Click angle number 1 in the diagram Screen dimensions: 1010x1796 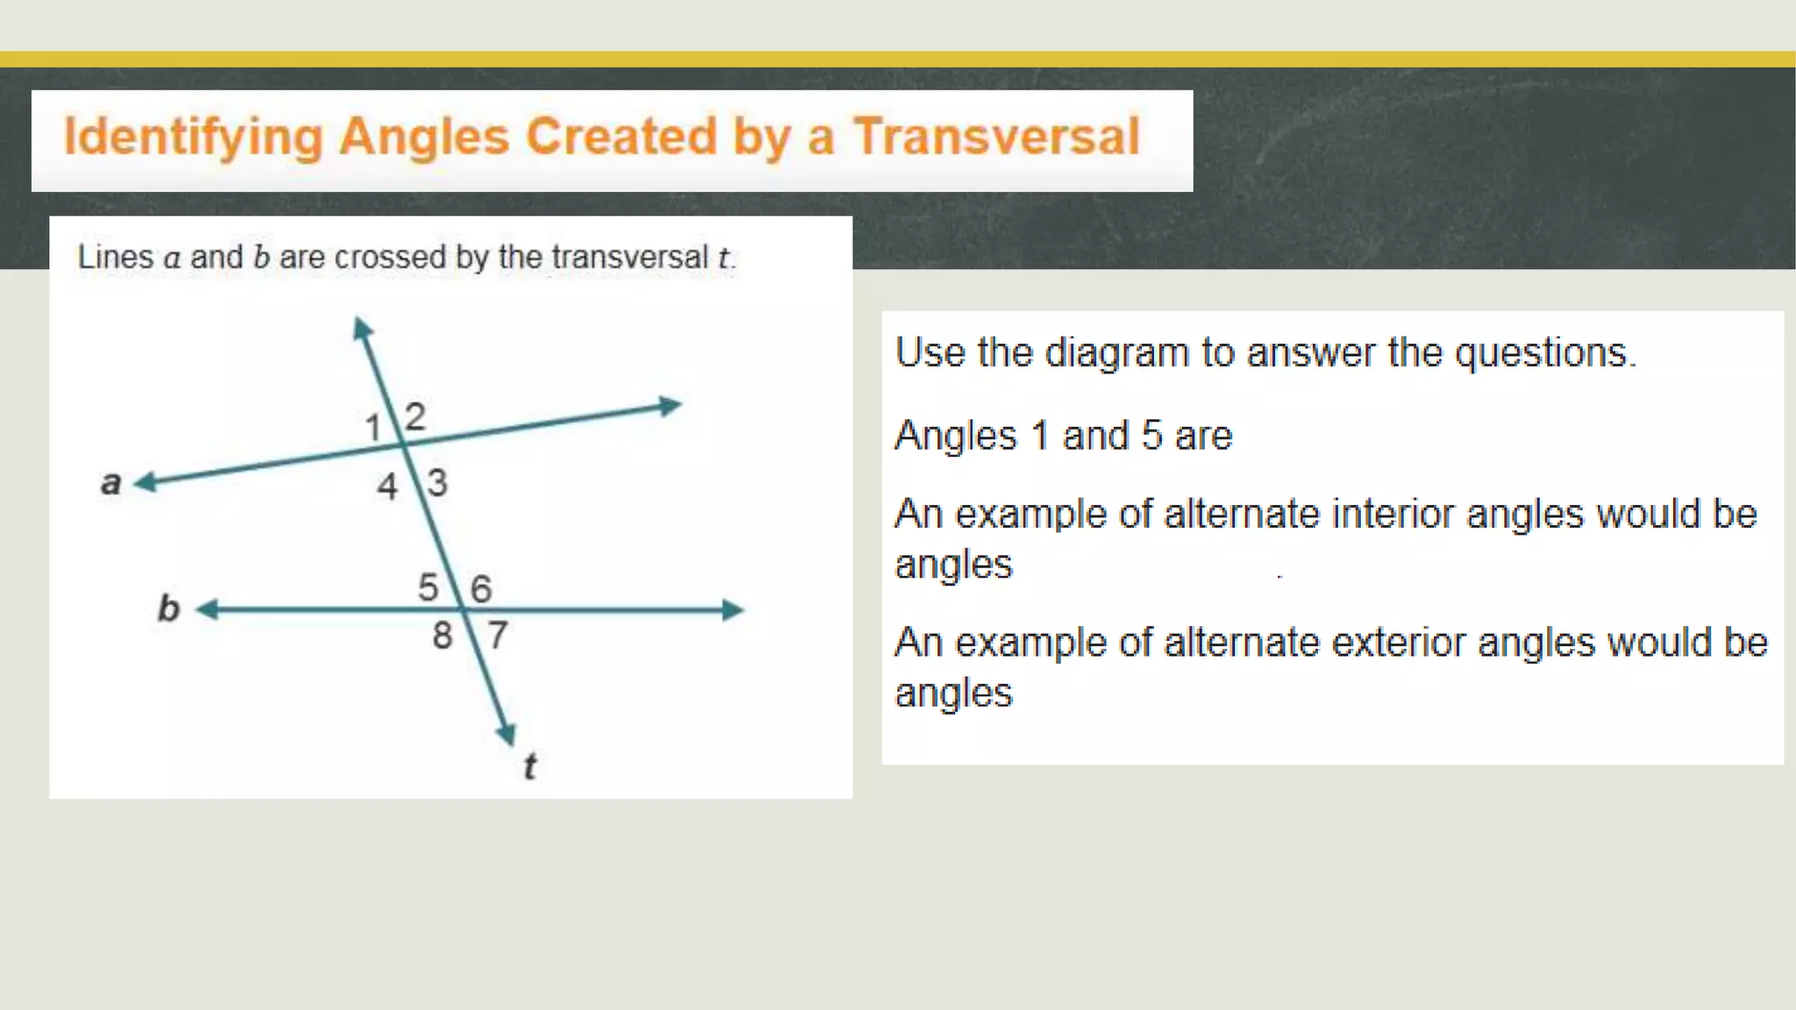pos(373,428)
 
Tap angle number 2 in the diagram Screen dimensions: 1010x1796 pos(415,416)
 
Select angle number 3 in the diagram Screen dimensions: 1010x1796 pos(437,483)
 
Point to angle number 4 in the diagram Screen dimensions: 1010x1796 pos(387,487)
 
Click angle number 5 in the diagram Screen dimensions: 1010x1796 pos(428,587)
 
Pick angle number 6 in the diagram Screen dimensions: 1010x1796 pos(481,589)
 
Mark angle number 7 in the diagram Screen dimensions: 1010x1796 pos(497,635)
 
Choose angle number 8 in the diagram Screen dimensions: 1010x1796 pos(442,636)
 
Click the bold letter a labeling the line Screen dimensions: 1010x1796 pos(110,482)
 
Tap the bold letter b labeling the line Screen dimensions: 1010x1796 pos(167,608)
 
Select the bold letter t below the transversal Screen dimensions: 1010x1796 pos(530,766)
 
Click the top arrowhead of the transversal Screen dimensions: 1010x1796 pos(361,328)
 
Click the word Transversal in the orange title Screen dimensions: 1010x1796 pos(996,137)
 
